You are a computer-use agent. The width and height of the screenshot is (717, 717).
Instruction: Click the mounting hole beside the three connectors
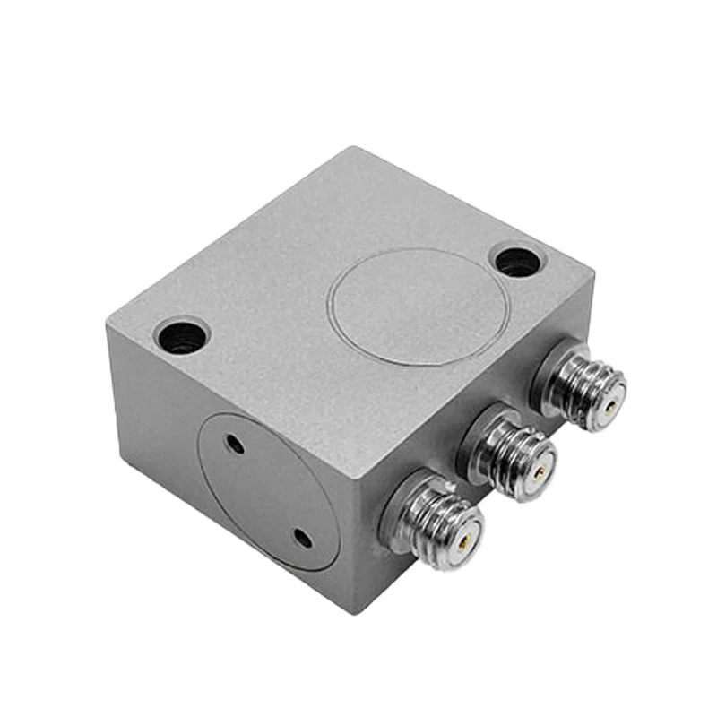[519, 262]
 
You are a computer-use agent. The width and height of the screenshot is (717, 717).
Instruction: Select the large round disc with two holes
[268, 491]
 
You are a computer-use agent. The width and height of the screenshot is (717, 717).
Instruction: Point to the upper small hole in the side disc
[235, 443]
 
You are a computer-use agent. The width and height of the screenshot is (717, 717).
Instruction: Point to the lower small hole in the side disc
[303, 538]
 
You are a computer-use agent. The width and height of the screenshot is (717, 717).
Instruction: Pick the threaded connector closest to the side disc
[435, 523]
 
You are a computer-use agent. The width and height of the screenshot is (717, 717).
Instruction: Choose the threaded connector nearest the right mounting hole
[583, 389]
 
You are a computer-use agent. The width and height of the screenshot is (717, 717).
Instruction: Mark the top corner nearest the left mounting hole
[108, 325]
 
